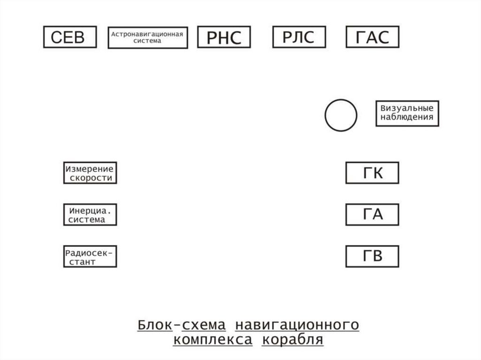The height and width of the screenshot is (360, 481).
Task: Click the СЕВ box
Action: tap(70, 37)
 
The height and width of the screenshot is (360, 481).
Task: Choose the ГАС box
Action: tap(372, 37)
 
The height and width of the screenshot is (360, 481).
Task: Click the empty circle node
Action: tap(341, 115)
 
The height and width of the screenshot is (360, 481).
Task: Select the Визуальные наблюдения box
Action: tap(407, 113)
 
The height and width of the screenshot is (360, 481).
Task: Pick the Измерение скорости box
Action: tap(90, 173)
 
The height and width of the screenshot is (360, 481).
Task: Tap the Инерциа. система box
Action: tap(90, 214)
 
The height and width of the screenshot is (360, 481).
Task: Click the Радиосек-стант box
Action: tap(90, 257)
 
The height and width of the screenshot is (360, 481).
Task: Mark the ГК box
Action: tap(372, 173)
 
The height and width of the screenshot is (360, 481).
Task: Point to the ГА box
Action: tap(372, 214)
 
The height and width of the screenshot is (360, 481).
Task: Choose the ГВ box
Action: tap(372, 257)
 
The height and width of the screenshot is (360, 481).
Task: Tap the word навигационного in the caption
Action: tap(297, 325)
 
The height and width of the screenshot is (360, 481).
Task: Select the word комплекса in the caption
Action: tap(212, 340)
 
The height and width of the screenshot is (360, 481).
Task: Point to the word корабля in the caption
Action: tap(293, 340)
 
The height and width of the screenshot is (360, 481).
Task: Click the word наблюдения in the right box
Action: tap(407, 118)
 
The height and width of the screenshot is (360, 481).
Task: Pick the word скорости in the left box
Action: tap(91, 178)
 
